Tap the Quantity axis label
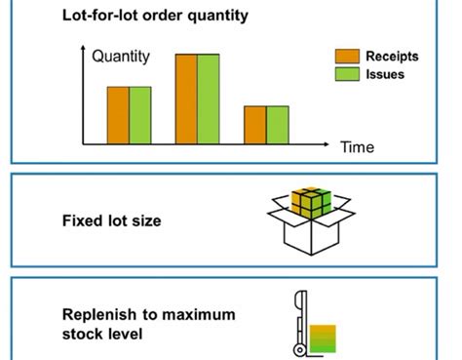point(121,57)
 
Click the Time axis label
point(357,147)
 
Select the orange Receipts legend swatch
point(348,57)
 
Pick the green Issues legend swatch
point(348,74)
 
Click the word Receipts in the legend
point(392,57)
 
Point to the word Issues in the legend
point(385,74)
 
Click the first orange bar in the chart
point(118,115)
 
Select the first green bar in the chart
point(140,115)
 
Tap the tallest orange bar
point(186,99)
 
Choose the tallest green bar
point(209,99)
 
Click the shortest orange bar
point(254,125)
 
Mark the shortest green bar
point(277,125)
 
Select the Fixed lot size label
point(112,221)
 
